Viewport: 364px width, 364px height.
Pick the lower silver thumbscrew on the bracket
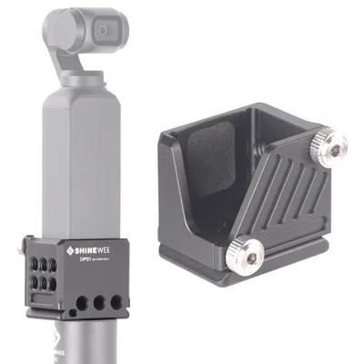[x=246, y=250]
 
